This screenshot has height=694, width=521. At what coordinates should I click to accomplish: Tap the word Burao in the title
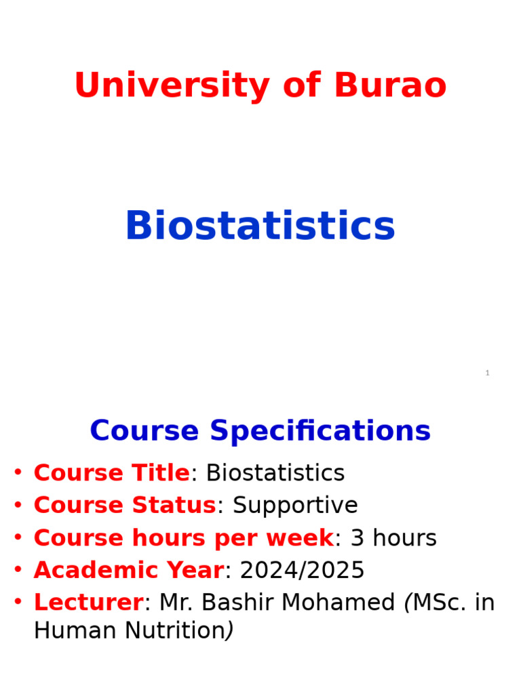[x=390, y=87]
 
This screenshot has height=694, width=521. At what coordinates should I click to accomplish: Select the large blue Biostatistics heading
[x=260, y=226]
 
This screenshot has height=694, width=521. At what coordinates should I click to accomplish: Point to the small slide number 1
[x=487, y=373]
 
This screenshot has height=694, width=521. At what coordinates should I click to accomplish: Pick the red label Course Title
[x=112, y=473]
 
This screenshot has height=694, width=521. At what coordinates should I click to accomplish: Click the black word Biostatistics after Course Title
[x=275, y=473]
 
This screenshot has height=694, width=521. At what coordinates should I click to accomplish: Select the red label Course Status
[x=125, y=506]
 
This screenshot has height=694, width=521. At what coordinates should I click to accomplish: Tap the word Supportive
[x=295, y=506]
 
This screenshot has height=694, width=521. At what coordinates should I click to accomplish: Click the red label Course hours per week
[x=183, y=538]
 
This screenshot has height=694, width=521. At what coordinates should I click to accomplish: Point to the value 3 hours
[x=393, y=538]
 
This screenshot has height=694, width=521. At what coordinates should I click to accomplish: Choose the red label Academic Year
[x=128, y=571]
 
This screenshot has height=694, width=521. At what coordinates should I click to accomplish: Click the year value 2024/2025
[x=303, y=571]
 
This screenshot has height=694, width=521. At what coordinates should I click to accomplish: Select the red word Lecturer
[x=88, y=603]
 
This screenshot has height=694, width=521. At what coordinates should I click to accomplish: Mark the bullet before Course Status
[x=18, y=505]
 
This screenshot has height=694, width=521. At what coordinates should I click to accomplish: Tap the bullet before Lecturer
[x=18, y=602]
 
